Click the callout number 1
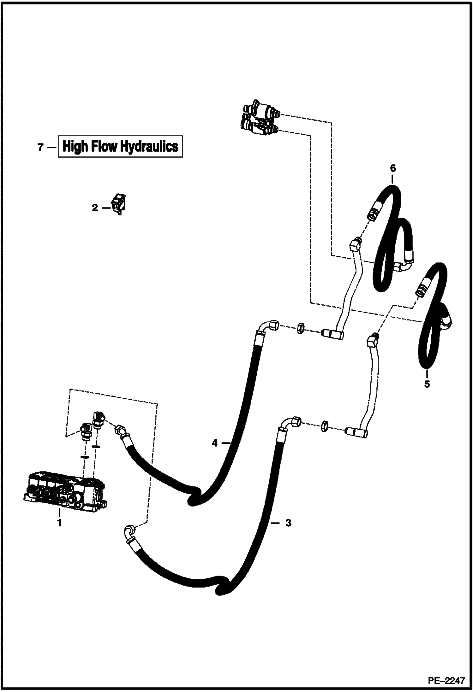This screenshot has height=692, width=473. click(59, 523)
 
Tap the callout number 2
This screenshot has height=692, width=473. click(95, 208)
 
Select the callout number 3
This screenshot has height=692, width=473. click(288, 523)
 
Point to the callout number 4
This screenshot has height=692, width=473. click(214, 443)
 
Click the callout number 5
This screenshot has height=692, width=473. click(427, 384)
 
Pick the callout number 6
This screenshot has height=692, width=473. click(392, 168)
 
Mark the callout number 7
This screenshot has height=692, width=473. click(40, 147)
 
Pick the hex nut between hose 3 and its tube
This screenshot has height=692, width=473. click(324, 427)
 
